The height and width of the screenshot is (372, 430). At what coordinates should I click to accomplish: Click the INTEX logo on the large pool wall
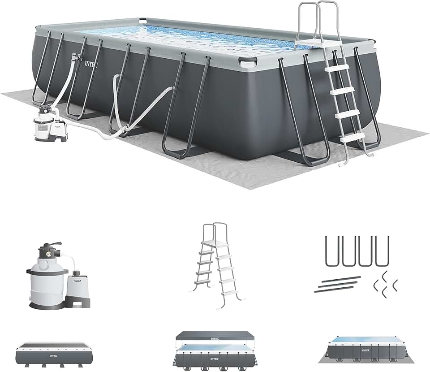click(x=91, y=63)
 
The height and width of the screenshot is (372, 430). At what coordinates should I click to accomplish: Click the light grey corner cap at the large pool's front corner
click(x=248, y=62)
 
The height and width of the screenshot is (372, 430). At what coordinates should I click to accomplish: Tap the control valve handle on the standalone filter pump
click(x=47, y=246)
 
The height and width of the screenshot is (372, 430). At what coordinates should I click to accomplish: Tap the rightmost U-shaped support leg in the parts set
click(x=382, y=251)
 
